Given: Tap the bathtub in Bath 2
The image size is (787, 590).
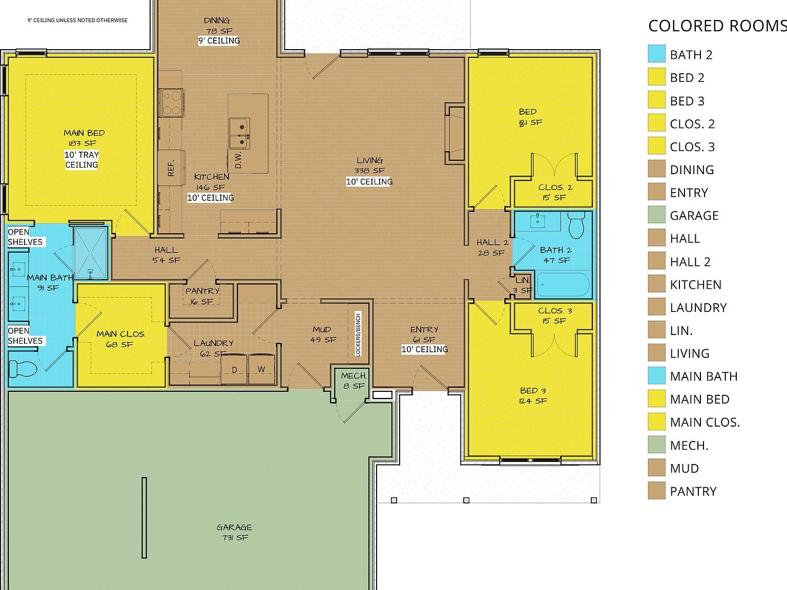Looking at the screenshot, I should [563, 284].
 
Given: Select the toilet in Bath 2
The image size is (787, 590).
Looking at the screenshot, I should [576, 226].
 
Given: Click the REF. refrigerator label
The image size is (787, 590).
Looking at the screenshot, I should [171, 167].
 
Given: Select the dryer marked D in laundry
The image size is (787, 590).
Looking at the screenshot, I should [234, 369].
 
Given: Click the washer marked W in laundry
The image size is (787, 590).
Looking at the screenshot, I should [261, 369].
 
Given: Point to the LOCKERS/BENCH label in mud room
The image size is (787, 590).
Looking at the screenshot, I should [358, 333].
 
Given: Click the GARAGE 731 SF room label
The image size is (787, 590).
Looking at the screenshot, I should [234, 532].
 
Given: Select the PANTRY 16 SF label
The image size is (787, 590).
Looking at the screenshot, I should [202, 296].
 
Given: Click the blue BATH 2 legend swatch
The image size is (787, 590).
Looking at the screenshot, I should [656, 54].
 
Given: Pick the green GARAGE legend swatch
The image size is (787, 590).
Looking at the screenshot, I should [656, 215].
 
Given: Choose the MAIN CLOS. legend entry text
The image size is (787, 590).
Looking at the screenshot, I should [705, 423].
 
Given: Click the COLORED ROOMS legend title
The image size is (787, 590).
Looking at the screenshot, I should [716, 26].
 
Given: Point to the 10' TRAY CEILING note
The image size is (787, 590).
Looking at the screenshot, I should [81, 160].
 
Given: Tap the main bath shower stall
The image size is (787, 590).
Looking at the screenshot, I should [91, 252].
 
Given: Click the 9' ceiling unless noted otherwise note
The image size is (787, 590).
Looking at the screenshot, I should [77, 20].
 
